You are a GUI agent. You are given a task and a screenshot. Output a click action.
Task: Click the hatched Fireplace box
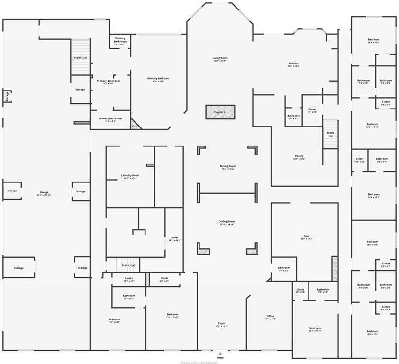(220, 112)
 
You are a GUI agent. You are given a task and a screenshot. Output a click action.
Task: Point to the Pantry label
(299, 157)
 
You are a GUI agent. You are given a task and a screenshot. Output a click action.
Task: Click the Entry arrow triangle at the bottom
(220, 353)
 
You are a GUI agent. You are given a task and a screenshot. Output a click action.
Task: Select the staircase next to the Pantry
(330, 134)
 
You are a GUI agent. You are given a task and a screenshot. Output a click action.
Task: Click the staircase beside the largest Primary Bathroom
(81, 57)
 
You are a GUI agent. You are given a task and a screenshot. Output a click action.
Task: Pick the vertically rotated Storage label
(7, 96)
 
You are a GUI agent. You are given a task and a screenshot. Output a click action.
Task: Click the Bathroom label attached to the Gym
(283, 269)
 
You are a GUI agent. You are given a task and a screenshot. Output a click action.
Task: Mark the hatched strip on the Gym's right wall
(335, 268)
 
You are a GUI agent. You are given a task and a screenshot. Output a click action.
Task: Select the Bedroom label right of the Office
(315, 329)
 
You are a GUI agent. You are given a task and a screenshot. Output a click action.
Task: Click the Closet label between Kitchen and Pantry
(312, 110)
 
